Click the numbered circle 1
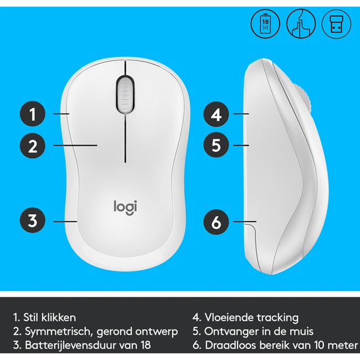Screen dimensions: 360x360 (32, 114)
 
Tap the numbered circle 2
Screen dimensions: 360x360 (32, 146)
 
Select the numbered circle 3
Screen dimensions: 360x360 (32, 220)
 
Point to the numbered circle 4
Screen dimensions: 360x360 (216, 114)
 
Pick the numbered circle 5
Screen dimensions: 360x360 (216, 145)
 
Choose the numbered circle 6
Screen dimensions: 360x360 (216, 222)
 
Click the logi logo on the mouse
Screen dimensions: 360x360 (125, 208)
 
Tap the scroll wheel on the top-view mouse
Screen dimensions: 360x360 (125, 94)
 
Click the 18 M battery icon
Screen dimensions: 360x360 (265, 24)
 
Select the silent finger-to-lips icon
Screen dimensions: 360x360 (301, 24)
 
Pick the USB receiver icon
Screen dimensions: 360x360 (336, 24)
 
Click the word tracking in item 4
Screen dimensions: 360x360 (277, 318)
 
